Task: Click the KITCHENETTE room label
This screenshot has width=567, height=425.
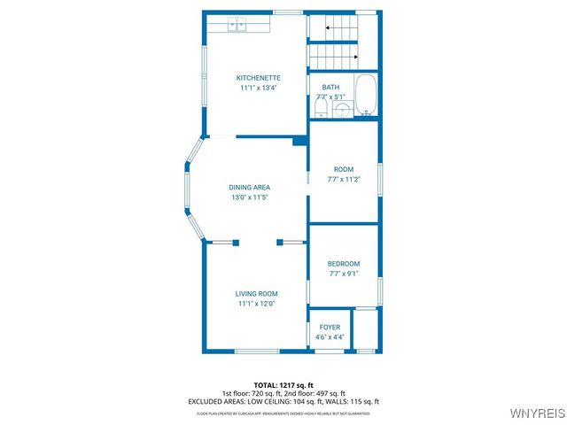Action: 258,78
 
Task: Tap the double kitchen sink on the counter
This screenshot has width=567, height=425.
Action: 237,25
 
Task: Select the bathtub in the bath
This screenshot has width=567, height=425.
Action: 365,97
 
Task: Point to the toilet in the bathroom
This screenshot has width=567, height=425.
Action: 322,107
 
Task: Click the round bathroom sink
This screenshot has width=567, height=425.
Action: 343,109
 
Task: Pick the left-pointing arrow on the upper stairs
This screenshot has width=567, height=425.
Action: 329,28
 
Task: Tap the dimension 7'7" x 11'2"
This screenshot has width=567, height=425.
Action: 343,179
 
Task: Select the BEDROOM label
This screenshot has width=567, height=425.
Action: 343,264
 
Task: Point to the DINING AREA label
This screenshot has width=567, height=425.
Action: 249,187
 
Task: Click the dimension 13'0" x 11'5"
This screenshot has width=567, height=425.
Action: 249,197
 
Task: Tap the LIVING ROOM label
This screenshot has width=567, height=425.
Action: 256,294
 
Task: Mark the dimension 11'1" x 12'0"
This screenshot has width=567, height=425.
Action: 256,304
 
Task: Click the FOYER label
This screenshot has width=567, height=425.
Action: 330,328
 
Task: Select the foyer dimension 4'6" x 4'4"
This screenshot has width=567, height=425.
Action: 330,337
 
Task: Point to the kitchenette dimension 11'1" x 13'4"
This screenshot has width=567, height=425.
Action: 258,88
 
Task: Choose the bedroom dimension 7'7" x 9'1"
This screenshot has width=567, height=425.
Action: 343,274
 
